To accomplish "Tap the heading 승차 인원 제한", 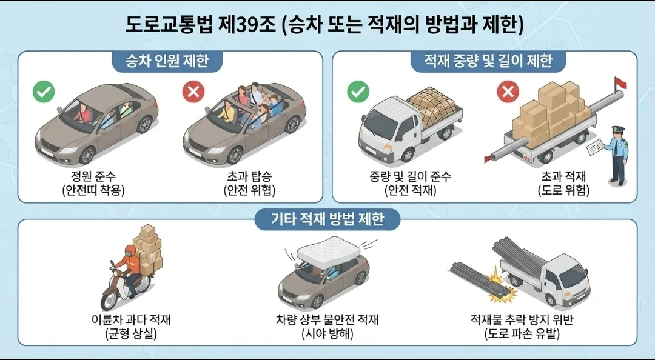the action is [167, 61].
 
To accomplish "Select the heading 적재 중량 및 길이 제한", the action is [488, 61].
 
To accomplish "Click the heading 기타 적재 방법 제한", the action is [327, 219].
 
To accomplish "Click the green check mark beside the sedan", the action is [44, 92].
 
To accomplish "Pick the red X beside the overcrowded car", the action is [193, 92].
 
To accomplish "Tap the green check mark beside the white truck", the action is [358, 92].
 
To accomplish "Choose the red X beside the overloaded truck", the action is [508, 92].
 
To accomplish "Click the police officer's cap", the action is [618, 130].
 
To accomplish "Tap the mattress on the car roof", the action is [328, 248].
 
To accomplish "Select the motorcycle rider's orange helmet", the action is [130, 250].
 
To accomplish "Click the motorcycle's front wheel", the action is [109, 300].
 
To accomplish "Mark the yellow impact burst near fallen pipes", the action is [502, 288].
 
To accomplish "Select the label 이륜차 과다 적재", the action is [131, 320].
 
